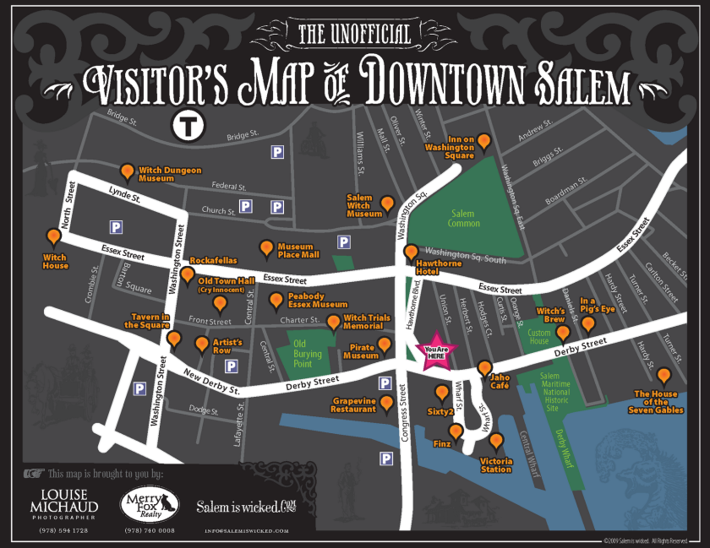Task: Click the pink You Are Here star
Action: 435,352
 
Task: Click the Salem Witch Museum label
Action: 364,207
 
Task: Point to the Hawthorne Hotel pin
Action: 411,252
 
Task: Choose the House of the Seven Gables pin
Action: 664,376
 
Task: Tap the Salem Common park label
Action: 463,218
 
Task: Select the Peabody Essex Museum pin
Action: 276,300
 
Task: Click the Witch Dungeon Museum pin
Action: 127,172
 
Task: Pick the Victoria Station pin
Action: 495,440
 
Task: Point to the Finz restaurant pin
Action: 456,431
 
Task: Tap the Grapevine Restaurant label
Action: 353,404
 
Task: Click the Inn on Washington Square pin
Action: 483,141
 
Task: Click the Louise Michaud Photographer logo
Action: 70,505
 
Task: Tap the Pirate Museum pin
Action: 385,345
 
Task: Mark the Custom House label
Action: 538,336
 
